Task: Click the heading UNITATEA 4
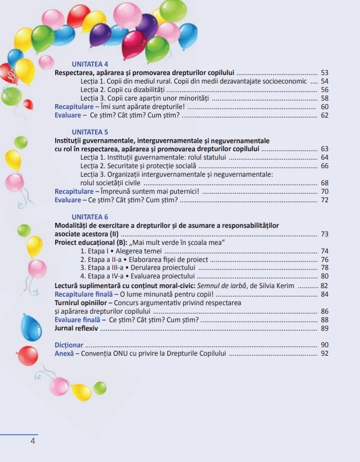click(90, 64)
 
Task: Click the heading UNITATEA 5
click(90, 132)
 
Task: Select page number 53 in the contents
click(325, 73)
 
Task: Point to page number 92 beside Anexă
click(325, 353)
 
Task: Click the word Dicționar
click(69, 345)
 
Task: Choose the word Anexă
click(64, 353)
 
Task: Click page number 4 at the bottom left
click(33, 441)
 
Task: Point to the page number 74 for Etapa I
click(325, 251)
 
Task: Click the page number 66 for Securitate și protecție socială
click(325, 166)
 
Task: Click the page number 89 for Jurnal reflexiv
click(325, 328)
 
